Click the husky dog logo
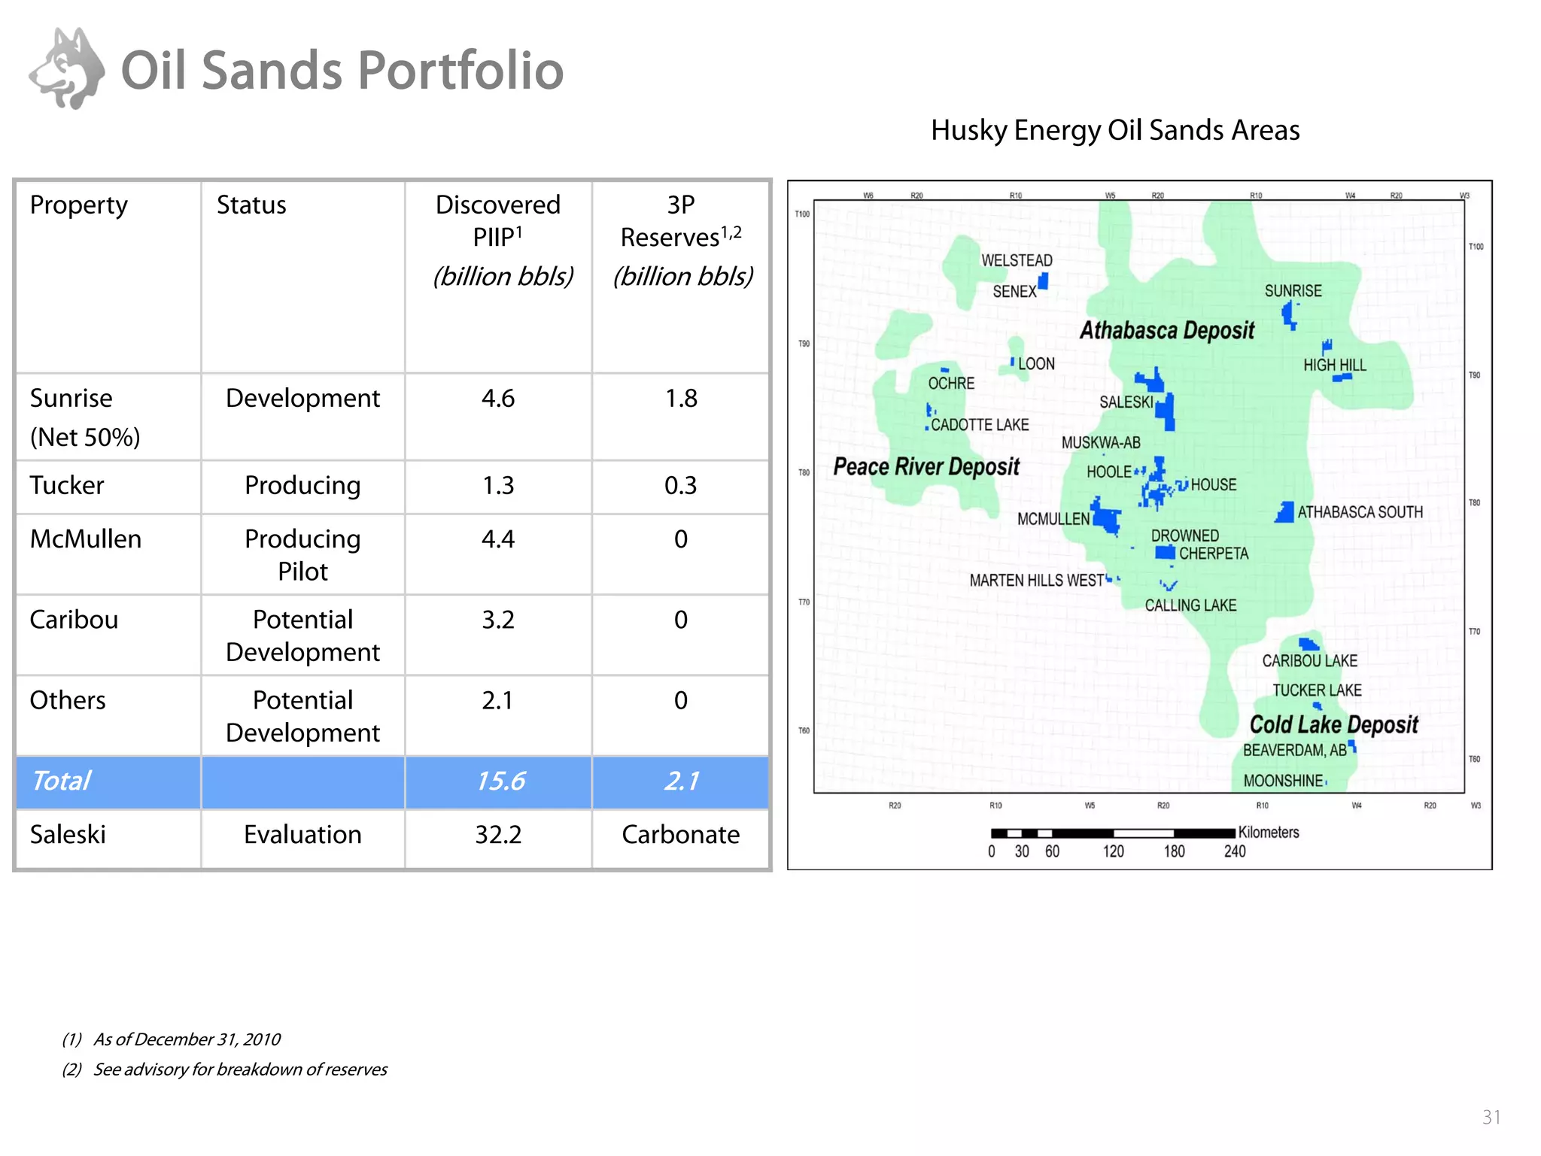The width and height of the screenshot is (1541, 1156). coord(67,69)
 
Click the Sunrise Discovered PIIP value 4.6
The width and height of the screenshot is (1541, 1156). coord(498,398)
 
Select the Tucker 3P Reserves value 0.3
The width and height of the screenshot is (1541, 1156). coord(680,486)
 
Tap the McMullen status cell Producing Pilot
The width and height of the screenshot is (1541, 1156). coord(302,554)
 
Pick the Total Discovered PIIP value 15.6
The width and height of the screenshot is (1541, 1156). coord(500,781)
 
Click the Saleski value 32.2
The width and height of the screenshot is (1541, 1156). coord(498,835)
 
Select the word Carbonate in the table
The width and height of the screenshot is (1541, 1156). coord(680,835)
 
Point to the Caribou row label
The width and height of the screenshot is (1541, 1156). coord(74,620)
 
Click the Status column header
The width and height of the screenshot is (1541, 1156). coord(251,205)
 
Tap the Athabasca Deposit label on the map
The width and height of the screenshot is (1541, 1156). coord(1167,330)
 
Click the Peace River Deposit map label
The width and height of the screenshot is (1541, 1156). coord(926,467)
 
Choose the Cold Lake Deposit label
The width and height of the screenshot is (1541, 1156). coord(1333,724)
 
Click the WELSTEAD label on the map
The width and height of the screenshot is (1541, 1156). coord(1017,260)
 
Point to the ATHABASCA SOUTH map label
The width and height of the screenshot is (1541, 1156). coord(1360,512)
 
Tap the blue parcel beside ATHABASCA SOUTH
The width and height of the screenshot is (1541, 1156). coord(1284,512)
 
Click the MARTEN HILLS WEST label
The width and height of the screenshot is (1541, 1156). coord(1036,581)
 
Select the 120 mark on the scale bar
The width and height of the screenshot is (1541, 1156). coord(1113,851)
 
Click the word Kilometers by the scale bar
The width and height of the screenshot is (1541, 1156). coord(1269,833)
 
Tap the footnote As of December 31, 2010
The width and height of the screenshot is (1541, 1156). coord(187,1039)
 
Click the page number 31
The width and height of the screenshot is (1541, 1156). coord(1491,1117)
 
